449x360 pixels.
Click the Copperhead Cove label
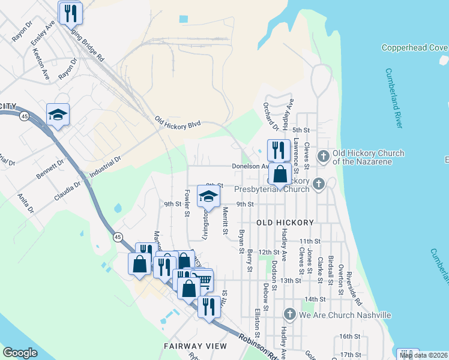[x=414, y=47]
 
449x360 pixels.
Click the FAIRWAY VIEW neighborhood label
[x=196, y=346]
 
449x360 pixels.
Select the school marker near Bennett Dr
[x=58, y=114]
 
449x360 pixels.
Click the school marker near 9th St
[x=208, y=196]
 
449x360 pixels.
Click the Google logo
[x=20, y=353]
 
